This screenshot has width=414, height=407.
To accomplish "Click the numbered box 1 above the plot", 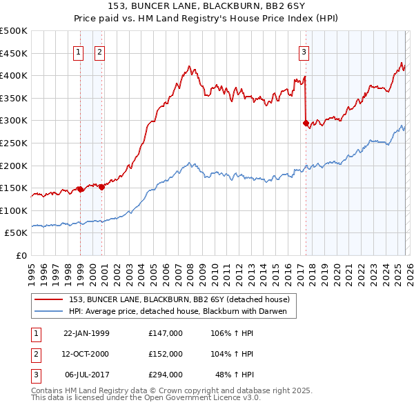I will [x=78, y=51].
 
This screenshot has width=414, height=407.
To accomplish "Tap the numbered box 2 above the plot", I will [x=99, y=51].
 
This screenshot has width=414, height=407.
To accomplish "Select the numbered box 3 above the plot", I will [x=304, y=51].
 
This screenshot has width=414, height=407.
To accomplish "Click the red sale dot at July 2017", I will [x=306, y=123].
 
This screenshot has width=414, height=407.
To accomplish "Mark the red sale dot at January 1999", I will [x=80, y=189].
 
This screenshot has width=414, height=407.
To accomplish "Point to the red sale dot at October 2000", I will [x=101, y=186].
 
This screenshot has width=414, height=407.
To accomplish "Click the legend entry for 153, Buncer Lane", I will [x=179, y=299].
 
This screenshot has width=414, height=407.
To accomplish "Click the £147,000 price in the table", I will [x=166, y=333].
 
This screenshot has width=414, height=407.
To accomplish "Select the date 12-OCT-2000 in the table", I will [x=86, y=354].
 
